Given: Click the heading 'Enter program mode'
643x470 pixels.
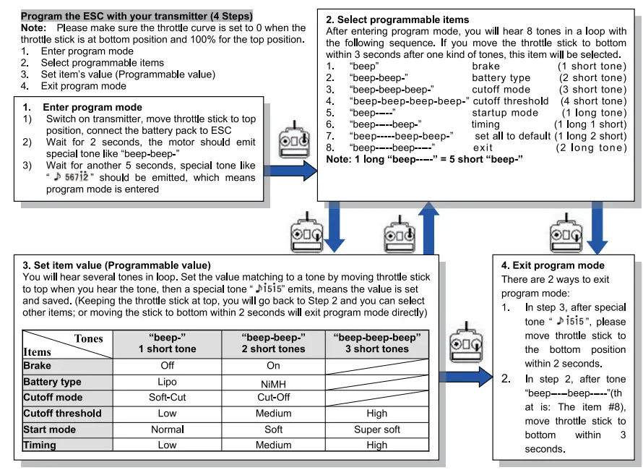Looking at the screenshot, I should coord(98,108).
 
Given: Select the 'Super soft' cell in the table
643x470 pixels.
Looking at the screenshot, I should coord(376,430).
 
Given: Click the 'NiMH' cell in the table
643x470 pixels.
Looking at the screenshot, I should coord(273,383).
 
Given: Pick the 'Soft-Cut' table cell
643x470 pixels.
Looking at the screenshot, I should coord(167,398).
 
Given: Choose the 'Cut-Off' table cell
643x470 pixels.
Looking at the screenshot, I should coord(273,398).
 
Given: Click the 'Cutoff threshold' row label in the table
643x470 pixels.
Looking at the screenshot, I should coord(62,414).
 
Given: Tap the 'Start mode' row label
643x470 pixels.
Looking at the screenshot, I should coord(49,430).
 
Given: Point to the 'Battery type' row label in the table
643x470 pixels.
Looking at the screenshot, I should coord(52,382).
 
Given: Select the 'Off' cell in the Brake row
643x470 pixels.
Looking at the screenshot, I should coord(167,366).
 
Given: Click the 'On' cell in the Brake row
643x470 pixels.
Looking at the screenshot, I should coord(273,366).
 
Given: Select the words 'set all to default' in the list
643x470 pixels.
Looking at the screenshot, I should coord(513,136).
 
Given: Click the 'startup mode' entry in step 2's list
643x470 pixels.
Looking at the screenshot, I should coord(505,113).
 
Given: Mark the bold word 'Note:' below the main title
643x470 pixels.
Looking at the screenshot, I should coord(34,27).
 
